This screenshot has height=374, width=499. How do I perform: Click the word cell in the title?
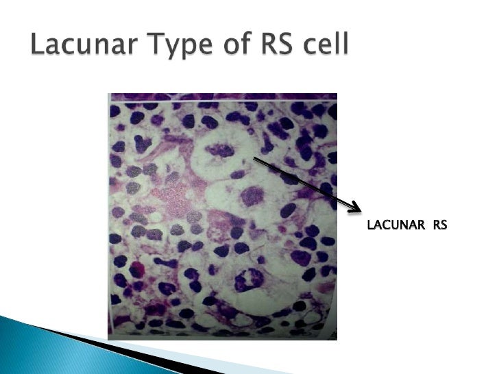point(326,47)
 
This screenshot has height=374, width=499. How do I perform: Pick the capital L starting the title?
point(38,47)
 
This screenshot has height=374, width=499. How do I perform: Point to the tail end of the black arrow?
point(255,158)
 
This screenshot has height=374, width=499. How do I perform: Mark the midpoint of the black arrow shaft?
point(305,183)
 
